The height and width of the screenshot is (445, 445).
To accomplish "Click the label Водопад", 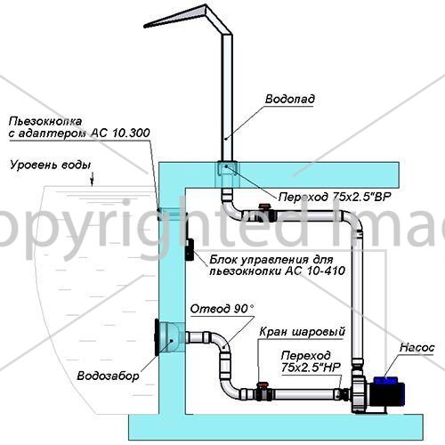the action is pos(290,99).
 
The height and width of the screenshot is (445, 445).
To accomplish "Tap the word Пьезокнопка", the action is pos(45,121).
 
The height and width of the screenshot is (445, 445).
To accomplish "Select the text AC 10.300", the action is pos(120,133).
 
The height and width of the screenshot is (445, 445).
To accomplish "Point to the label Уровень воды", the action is pos(51,165).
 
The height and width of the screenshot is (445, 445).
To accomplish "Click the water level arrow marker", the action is pos(93,180).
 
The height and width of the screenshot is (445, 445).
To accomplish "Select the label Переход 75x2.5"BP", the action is pos(335,197).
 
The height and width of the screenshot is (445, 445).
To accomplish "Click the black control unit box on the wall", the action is pos(190,249).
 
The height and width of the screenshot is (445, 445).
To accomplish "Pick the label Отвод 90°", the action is pos(222,309).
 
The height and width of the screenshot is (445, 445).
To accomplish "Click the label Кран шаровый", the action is pos(303,332).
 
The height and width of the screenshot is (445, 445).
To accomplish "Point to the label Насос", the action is pos(417,347).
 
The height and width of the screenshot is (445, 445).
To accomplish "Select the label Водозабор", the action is pos(108,376).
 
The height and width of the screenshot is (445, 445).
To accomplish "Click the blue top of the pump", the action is pos(385,380).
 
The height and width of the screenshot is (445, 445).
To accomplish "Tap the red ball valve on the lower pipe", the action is pos(263,385).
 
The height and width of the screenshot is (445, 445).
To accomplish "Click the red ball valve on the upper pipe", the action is pos(263,206).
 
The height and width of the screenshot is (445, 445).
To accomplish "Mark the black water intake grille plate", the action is pos(157,337).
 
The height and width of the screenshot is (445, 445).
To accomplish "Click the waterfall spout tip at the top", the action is pos(145,27).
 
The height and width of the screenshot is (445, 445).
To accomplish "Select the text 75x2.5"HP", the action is pos(311,368).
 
